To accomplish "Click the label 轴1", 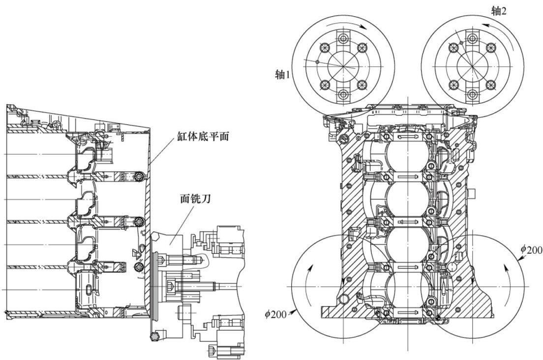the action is (282, 75).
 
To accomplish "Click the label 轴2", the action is (499, 11).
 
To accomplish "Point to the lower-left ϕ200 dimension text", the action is (275, 314).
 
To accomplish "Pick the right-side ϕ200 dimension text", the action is (532, 249).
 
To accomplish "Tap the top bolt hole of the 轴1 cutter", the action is (343, 38).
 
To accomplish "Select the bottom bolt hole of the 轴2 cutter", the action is (472, 94).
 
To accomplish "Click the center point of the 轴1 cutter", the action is (343, 66).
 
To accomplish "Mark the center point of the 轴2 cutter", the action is (472, 66).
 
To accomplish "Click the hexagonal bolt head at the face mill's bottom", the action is (153, 335).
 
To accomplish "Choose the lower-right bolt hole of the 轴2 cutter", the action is (491, 84).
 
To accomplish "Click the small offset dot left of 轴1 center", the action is (317, 62).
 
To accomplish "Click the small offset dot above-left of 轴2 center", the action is (461, 43).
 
